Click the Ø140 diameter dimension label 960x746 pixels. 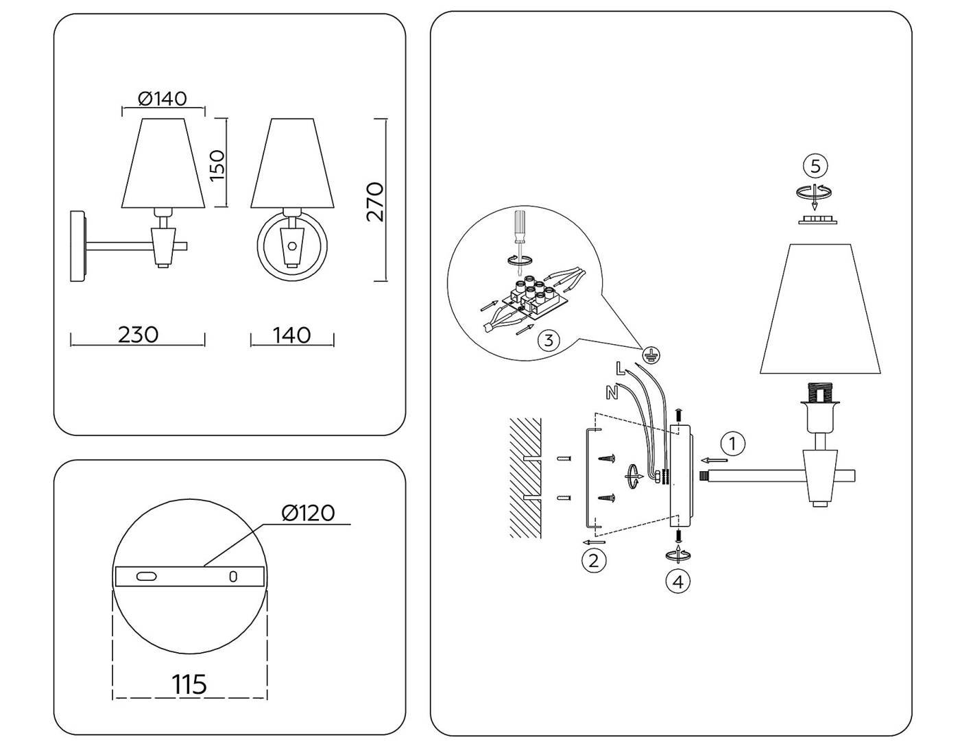(163, 99)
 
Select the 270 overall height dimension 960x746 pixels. (374, 201)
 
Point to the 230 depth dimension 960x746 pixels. (138, 335)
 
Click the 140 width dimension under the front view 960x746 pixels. (291, 335)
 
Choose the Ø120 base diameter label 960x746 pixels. (308, 512)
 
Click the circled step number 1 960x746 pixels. (733, 444)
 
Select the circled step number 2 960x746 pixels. (594, 560)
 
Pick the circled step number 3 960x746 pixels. (548, 340)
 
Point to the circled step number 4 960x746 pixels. (678, 582)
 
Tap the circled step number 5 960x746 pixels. (815, 166)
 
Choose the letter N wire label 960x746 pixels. (612, 392)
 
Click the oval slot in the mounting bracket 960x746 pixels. (146, 577)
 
